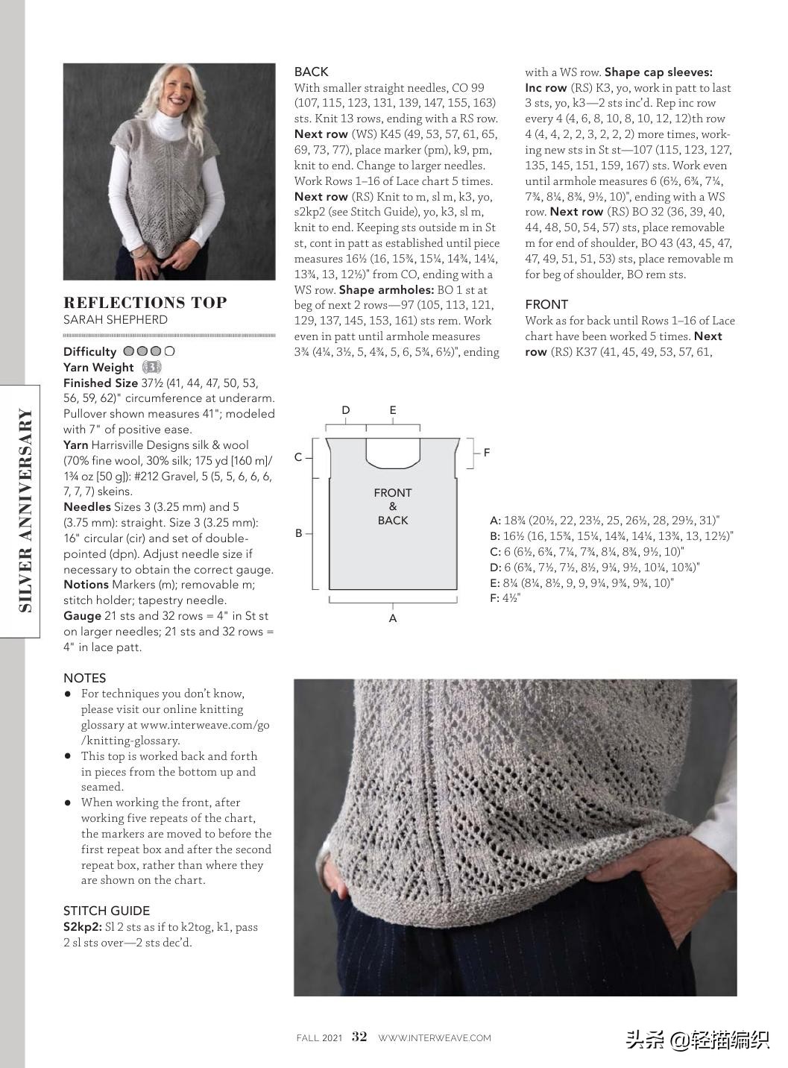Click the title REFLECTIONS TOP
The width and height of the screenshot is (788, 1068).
tap(145, 303)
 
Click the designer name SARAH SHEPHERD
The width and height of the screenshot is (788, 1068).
tap(116, 320)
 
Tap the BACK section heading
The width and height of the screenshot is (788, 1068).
tap(311, 72)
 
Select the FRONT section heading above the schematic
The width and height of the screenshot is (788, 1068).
tap(546, 304)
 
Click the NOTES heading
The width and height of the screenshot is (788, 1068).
tap(85, 678)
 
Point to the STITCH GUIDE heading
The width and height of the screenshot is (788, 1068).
tap(107, 911)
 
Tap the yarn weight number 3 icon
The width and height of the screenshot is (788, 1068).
tap(151, 367)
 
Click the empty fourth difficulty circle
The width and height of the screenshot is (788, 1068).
tap(170, 351)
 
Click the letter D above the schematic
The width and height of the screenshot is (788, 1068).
tap(346, 410)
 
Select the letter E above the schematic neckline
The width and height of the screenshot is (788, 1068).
tap(393, 410)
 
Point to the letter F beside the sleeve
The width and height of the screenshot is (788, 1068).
tap(487, 453)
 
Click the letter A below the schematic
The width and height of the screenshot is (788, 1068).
tap(393, 618)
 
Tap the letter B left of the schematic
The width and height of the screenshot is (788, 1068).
tap(299, 533)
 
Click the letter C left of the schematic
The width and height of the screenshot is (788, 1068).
tap(298, 457)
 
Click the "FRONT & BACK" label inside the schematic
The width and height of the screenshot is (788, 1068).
tap(393, 506)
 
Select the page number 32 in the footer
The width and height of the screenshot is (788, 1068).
tap(359, 1037)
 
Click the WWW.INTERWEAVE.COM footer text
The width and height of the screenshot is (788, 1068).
tap(435, 1037)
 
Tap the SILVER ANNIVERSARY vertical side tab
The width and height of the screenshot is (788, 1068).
tap(25, 511)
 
